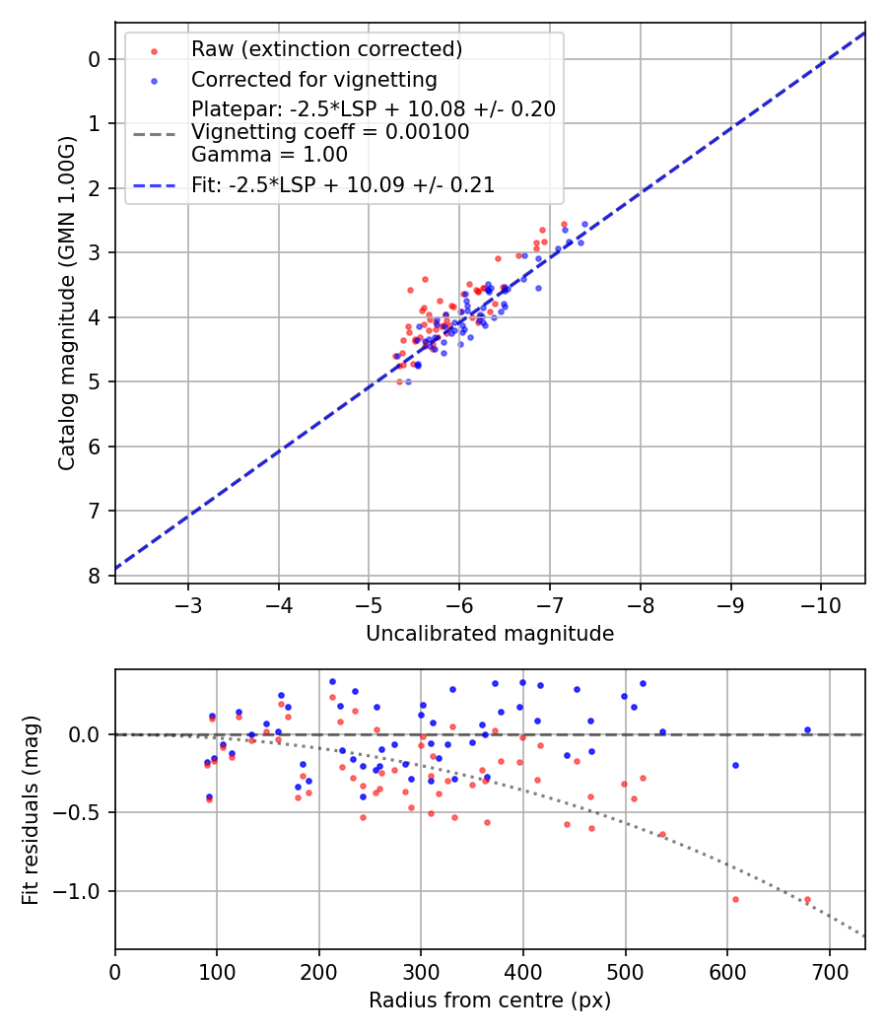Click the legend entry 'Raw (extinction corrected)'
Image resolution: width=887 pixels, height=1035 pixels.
click(x=326, y=49)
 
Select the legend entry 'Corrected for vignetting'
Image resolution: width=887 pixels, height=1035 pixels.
click(x=313, y=79)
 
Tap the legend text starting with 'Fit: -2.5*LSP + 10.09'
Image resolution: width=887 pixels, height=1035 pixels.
click(x=343, y=184)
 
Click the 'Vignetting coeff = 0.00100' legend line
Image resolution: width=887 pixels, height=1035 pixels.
click(x=330, y=131)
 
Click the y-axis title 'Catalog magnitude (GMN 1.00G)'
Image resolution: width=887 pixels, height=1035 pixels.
click(x=66, y=302)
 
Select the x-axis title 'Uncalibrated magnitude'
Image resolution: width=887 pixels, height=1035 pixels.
click(x=490, y=634)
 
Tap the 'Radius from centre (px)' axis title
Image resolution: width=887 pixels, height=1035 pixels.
click(x=490, y=1000)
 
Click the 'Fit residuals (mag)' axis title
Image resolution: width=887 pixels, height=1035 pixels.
click(x=30, y=809)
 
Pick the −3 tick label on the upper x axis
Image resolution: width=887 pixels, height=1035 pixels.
click(x=188, y=603)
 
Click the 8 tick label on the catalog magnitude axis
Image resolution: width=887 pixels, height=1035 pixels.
click(x=95, y=576)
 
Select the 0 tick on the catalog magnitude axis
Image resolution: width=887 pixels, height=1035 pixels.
click(x=95, y=59)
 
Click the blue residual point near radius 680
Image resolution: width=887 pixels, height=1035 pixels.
click(x=807, y=730)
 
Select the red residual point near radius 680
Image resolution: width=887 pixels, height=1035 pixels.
click(x=807, y=899)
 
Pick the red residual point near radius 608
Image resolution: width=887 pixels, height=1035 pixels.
click(x=735, y=899)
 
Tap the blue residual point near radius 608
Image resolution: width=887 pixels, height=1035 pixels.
click(x=735, y=765)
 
